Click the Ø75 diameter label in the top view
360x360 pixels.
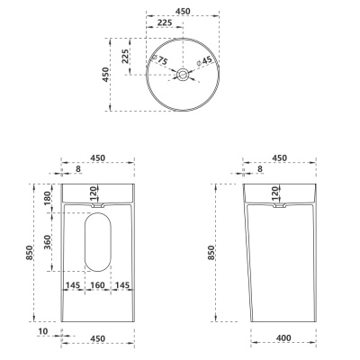tap(160, 59)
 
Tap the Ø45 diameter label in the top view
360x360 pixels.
tap(204, 61)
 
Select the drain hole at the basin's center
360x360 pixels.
tap(183, 74)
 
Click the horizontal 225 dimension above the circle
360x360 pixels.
tap(165, 22)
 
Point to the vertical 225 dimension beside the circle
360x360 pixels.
tap(125, 56)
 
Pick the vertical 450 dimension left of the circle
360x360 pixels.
tap(105, 75)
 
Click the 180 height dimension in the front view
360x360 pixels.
tap(48, 198)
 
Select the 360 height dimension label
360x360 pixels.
tap(48, 242)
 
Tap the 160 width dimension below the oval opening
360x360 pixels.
tap(97, 284)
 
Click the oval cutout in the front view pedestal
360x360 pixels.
tap(98, 242)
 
